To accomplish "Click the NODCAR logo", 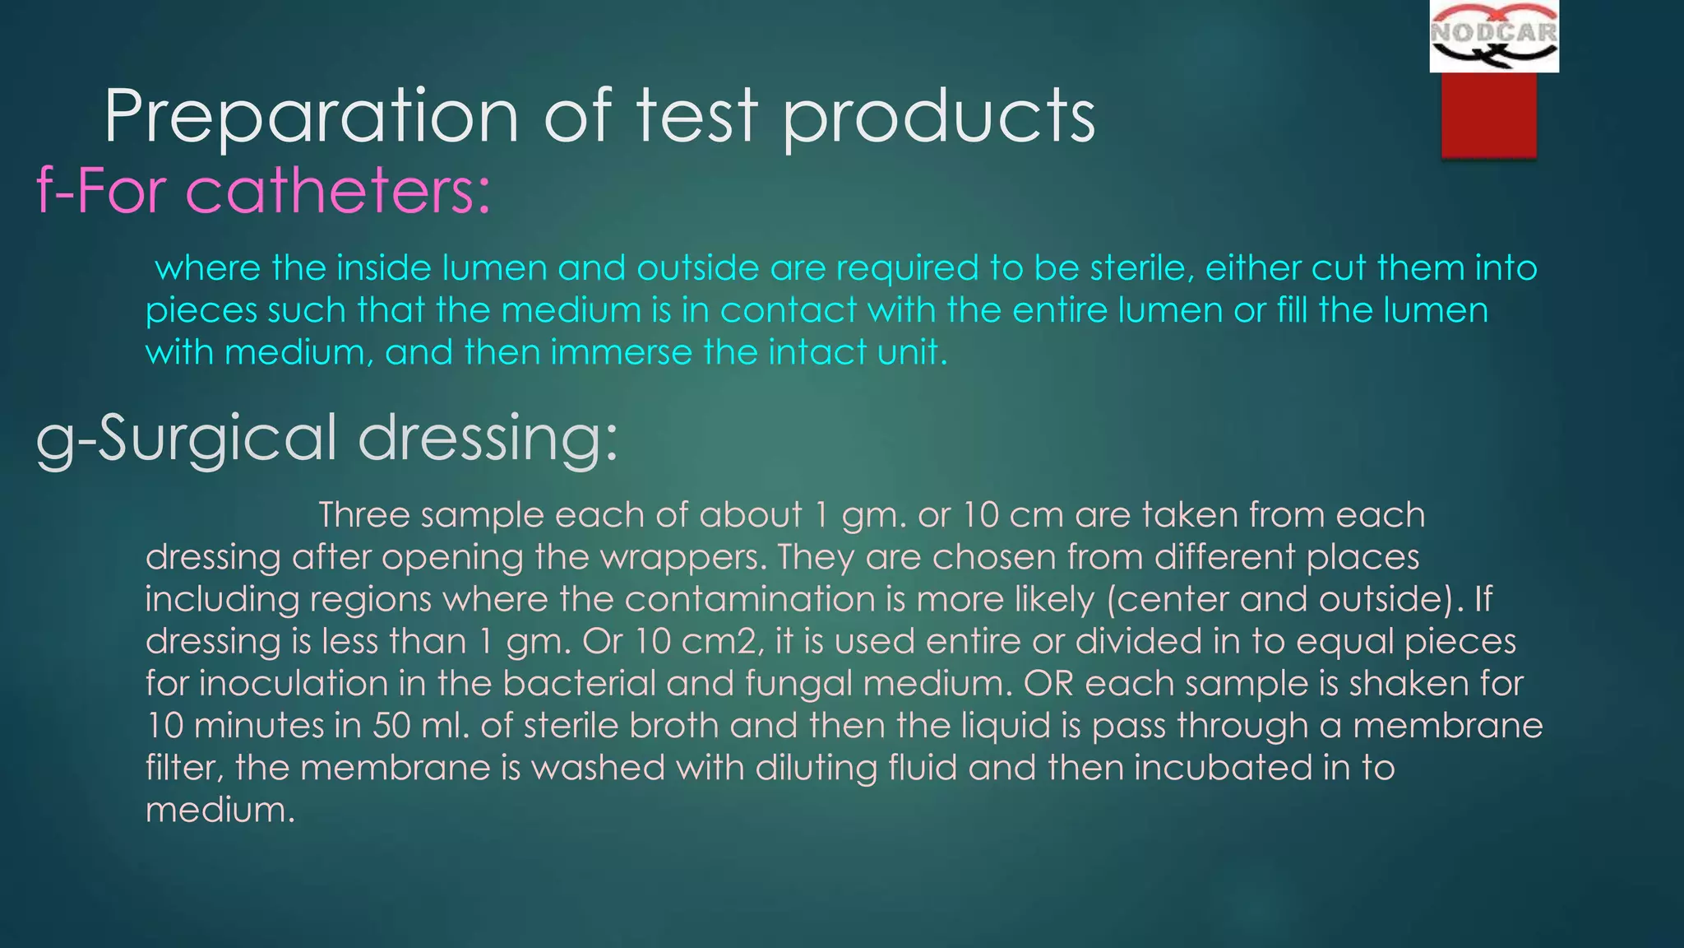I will tap(1493, 37).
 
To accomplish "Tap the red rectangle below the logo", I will tap(1488, 114).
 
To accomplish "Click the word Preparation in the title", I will tap(311, 117).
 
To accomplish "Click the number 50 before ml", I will tap(391, 726).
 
